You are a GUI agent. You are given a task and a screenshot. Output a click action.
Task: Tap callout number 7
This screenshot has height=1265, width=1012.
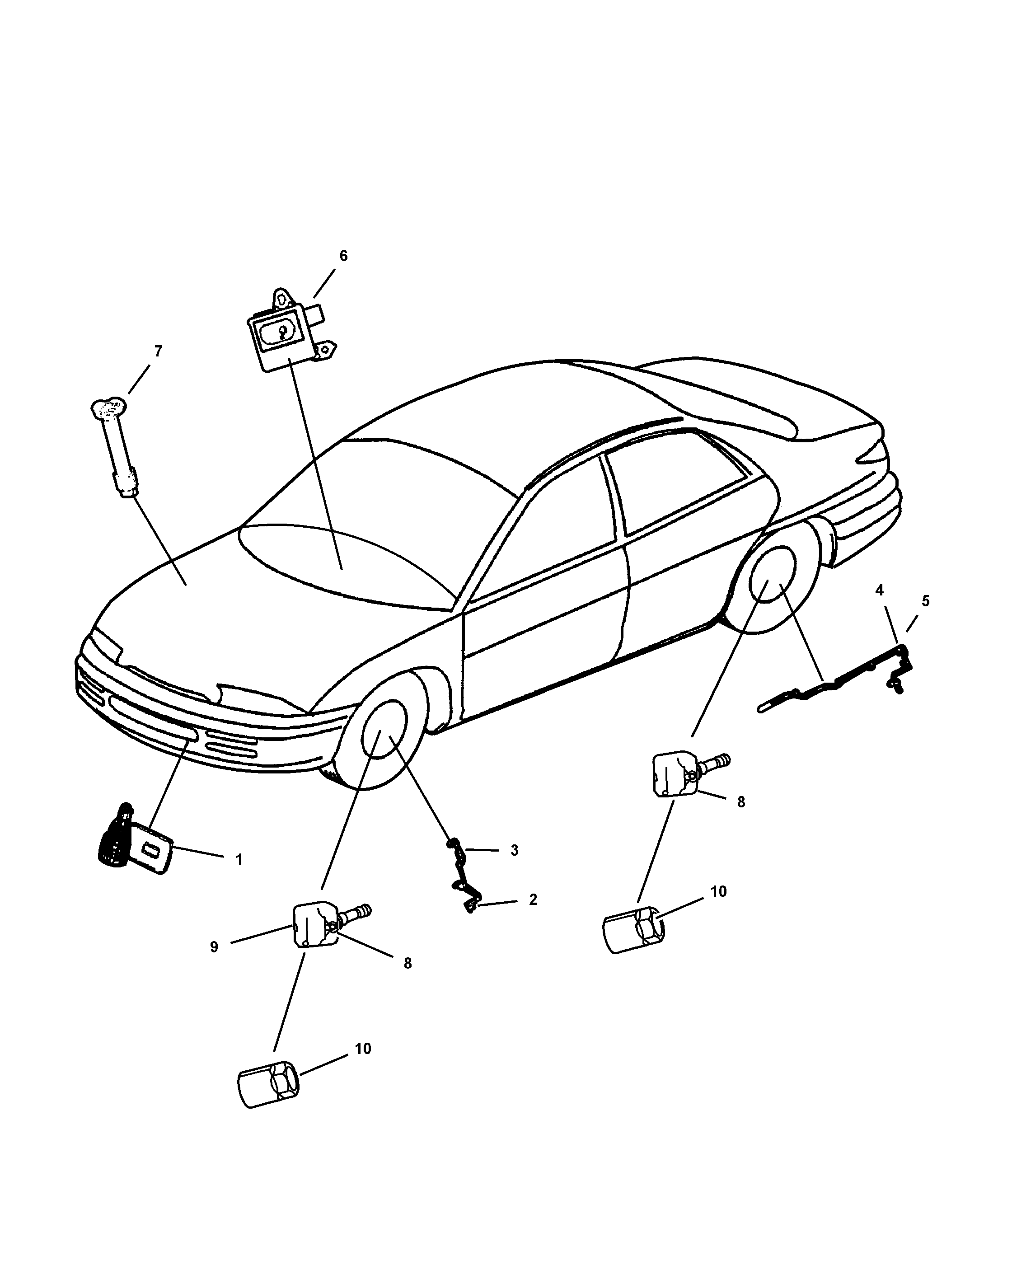158,351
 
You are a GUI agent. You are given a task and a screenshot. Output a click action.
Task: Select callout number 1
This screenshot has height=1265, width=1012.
239,860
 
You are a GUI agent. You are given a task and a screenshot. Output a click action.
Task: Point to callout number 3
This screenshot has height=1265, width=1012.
514,850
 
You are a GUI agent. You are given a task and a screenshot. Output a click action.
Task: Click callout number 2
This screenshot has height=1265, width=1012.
533,900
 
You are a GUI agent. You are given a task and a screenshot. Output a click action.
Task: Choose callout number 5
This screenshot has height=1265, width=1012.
925,601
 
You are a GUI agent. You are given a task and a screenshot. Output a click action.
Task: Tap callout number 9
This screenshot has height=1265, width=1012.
214,947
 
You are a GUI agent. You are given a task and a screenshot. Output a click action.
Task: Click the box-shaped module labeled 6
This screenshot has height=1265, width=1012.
281,338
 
